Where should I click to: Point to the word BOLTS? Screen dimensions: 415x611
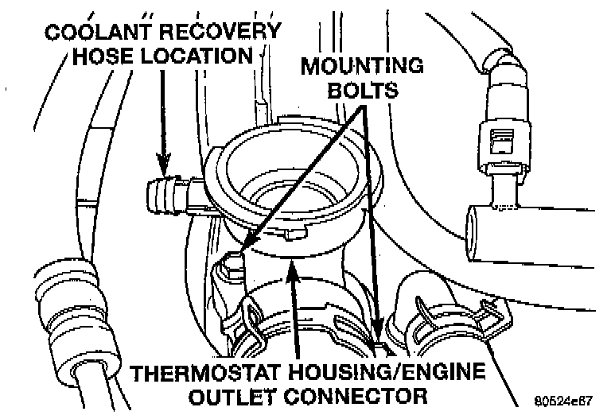click(364, 89)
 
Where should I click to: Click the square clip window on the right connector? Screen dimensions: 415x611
click(502, 142)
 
